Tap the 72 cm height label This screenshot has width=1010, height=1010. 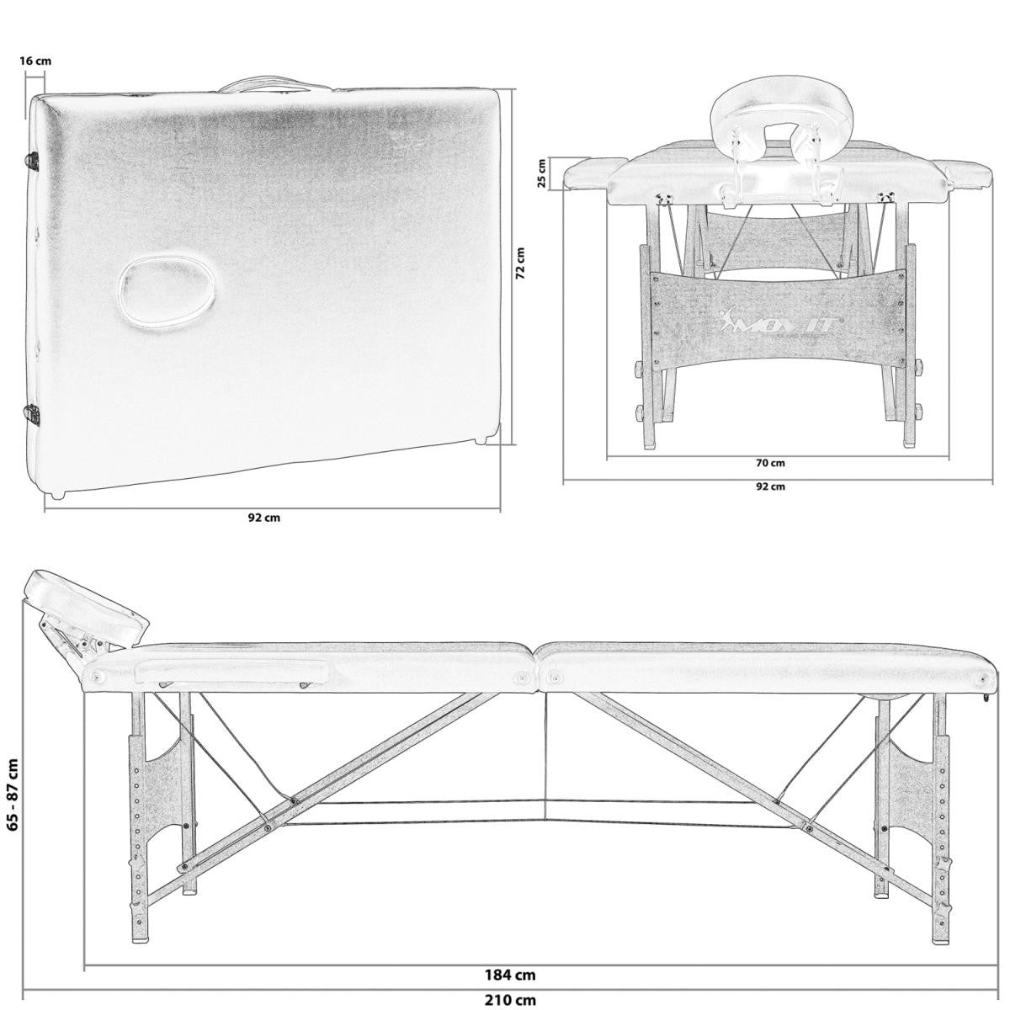point(520,263)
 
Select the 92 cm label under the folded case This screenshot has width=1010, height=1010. point(263,518)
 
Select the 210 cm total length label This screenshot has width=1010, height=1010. point(510,1001)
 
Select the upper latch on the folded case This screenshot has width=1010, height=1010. point(34,160)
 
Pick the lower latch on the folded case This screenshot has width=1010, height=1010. point(34,412)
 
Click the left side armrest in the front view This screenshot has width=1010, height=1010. point(589,174)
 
